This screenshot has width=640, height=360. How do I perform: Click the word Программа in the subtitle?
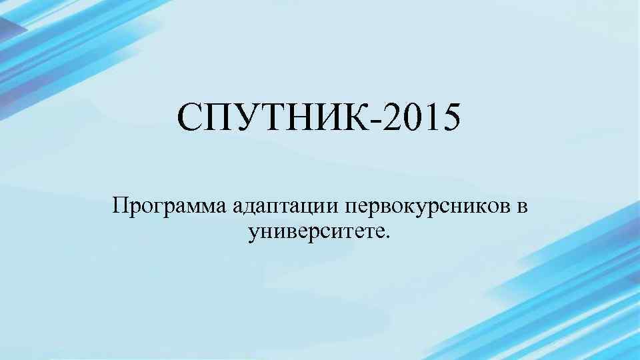tap(170, 207)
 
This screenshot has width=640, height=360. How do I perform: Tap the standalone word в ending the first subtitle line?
tap(521, 207)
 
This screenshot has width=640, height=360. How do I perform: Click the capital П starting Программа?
tap(121, 205)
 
